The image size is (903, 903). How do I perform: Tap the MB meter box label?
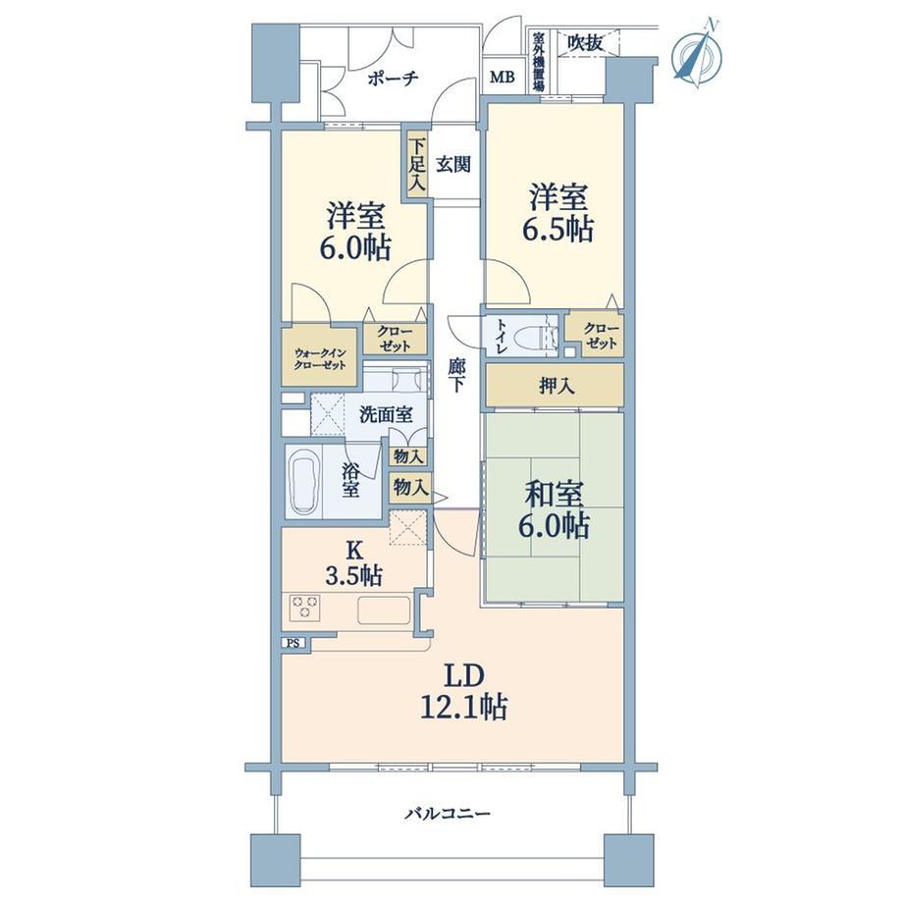pos(503,78)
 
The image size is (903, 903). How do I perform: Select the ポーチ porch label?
pos(393,79)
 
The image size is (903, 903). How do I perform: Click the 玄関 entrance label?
pos(453,165)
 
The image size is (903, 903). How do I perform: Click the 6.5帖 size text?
pos(558,230)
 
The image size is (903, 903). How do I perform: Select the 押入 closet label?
pos(557,386)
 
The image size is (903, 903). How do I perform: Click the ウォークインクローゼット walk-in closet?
pos(321,356)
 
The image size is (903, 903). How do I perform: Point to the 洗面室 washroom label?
pos(386,414)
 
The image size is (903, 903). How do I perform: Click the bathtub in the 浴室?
pos(304,482)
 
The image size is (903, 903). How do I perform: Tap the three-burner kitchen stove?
pos(305,609)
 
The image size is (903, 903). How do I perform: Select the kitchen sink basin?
pos(384,610)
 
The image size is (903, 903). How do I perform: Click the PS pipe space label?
pos(293,643)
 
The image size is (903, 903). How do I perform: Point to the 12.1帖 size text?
pos(464,706)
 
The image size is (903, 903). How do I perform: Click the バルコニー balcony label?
pos(447,813)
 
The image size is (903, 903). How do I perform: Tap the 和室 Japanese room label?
pos(554,494)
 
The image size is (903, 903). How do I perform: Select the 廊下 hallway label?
pos(456,375)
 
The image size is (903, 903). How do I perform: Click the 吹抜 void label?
pos(585,42)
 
